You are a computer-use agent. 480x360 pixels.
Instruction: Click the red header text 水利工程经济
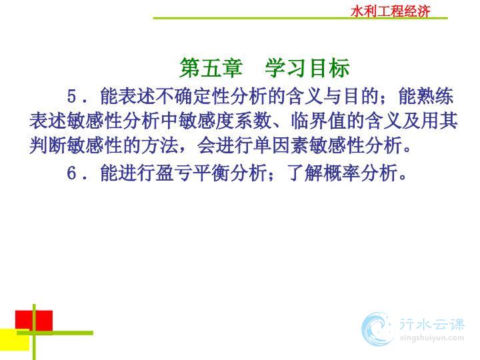pos(390,11)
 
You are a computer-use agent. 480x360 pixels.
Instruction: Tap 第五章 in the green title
pos(211,67)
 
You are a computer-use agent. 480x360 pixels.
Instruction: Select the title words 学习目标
pos(307,67)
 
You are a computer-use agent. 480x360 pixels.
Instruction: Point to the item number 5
pos(71,97)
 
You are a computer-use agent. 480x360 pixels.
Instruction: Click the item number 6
pos(71,173)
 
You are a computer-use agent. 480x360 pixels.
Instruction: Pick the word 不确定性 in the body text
pos(193,96)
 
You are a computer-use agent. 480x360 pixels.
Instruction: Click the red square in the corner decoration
pos(34,321)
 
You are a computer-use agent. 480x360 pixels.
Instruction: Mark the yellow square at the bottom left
pos(15,340)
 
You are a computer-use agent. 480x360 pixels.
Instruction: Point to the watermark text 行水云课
pos(431,324)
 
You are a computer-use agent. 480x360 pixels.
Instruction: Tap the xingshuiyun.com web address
pos(431,338)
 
